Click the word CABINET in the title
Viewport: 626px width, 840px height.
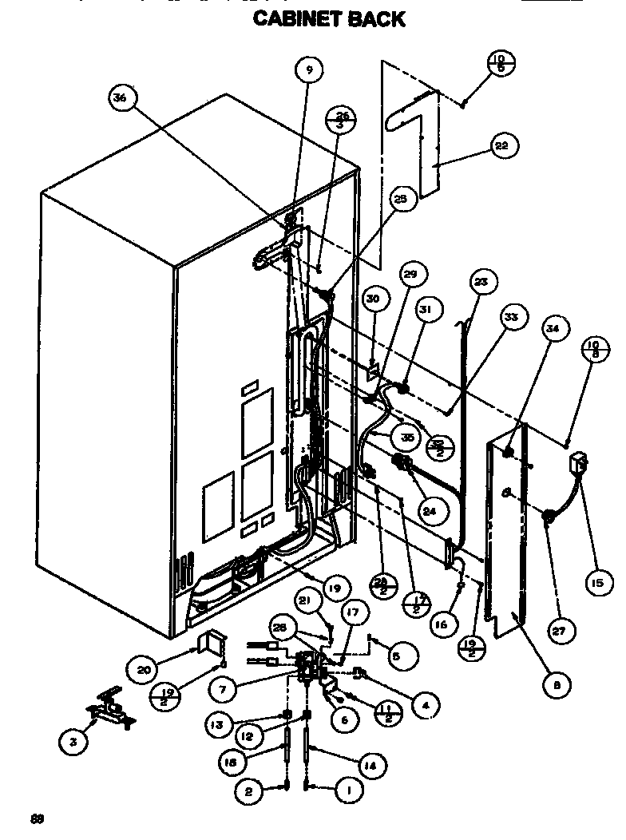[x=296, y=18]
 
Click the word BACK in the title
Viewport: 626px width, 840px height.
[x=376, y=18]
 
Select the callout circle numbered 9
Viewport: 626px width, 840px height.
[x=309, y=70]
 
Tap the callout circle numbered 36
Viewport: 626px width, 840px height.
[x=121, y=98]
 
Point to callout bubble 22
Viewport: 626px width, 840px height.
[x=501, y=146]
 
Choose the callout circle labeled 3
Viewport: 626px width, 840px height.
[x=73, y=742]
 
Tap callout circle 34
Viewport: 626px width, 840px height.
[x=553, y=327]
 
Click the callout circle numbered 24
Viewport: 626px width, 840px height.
[x=429, y=511]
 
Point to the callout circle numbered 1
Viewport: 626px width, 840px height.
[x=347, y=790]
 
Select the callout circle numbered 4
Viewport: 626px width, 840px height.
[x=426, y=705]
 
